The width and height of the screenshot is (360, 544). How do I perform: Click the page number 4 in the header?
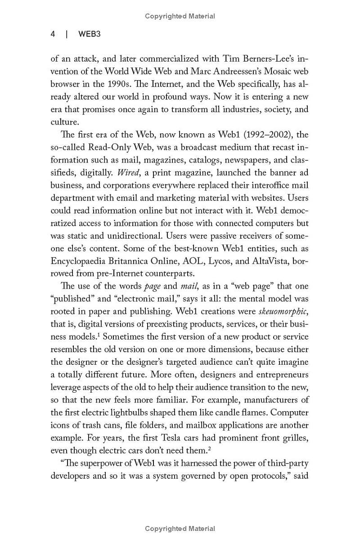pyautogui.click(x=53, y=34)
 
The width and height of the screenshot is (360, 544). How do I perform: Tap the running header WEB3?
pyautogui.click(x=89, y=34)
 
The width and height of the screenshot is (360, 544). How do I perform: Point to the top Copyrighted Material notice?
pyautogui.click(x=180, y=16)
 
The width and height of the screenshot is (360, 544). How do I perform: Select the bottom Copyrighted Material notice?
pyautogui.click(x=180, y=529)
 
